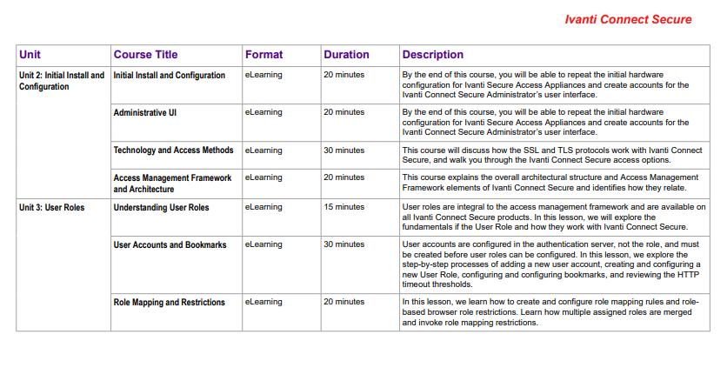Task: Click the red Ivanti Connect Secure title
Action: pyautogui.click(x=628, y=20)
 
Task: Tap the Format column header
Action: pyautogui.click(x=263, y=55)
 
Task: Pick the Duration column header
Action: pyautogui.click(x=346, y=55)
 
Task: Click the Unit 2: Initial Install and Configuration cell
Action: pyautogui.click(x=61, y=81)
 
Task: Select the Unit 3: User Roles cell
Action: pyautogui.click(x=51, y=207)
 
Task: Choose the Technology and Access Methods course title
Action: pyautogui.click(x=173, y=150)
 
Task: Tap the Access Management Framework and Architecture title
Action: pyautogui.click(x=172, y=183)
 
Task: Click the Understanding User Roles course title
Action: pyautogui.click(x=161, y=207)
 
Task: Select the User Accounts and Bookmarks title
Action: pyautogui.click(x=170, y=245)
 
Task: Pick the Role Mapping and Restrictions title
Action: pyautogui.click(x=169, y=303)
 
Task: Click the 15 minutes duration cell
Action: pyautogui.click(x=343, y=207)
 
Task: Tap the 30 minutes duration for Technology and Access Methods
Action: pyautogui.click(x=343, y=150)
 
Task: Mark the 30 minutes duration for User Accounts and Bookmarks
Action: pyautogui.click(x=343, y=245)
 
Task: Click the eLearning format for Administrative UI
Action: pyautogui.click(x=263, y=112)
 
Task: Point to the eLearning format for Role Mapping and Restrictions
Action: pyautogui.click(x=263, y=303)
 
